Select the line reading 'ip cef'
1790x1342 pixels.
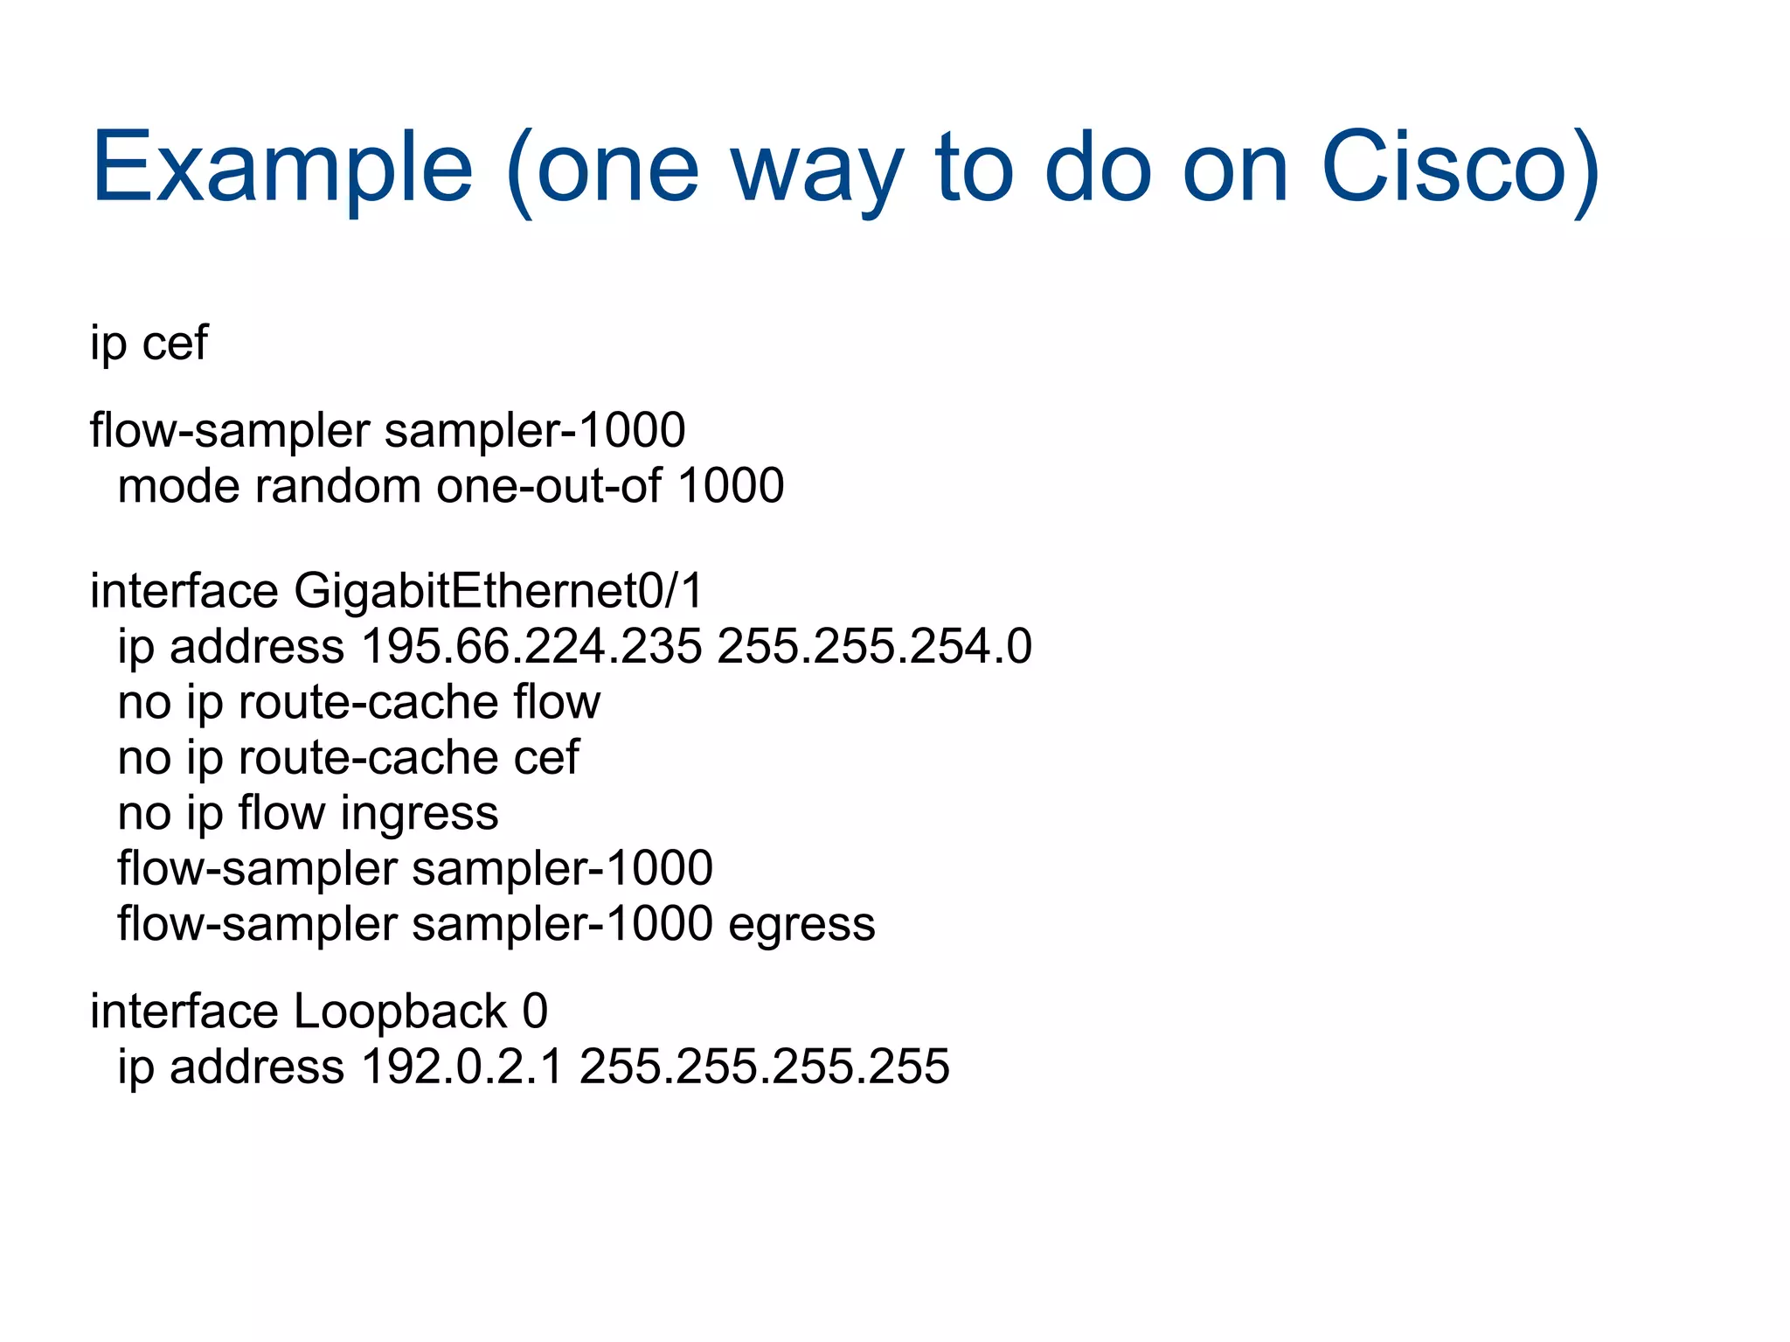149,343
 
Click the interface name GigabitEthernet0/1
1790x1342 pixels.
498,592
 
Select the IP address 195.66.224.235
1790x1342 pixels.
531,647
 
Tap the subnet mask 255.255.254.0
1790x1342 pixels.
874,647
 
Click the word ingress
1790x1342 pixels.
420,814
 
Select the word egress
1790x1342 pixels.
801,924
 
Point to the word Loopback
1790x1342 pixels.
400,1012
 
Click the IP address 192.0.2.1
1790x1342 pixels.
461,1067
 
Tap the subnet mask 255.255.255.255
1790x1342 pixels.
764,1067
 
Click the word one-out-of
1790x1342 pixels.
549,486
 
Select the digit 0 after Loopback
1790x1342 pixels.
535,1012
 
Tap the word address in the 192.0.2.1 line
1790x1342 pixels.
257,1067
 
